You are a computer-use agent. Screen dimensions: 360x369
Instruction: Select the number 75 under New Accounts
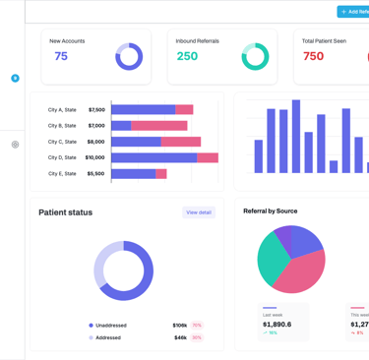[x=61, y=56]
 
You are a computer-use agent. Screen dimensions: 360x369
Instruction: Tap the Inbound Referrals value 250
[x=187, y=56]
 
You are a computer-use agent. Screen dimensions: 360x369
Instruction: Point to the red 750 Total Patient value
[x=313, y=56]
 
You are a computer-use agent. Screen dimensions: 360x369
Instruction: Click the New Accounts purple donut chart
[x=129, y=57]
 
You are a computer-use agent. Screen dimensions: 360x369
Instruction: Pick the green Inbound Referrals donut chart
[x=255, y=57]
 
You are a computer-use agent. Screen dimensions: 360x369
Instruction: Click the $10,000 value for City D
[x=94, y=157]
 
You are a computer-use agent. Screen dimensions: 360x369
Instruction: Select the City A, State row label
[x=62, y=110]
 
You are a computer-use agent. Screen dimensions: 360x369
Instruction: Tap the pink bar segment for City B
[x=158, y=126]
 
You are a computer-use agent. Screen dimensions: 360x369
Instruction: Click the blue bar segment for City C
[x=137, y=142]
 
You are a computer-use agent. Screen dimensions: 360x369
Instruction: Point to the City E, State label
[x=62, y=173]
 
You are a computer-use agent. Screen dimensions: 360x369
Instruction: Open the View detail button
[x=199, y=212]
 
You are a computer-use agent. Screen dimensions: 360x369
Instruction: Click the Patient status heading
[x=66, y=212]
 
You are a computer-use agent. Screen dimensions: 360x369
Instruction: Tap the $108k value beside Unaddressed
[x=179, y=325]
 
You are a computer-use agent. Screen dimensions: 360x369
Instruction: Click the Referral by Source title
[x=270, y=211]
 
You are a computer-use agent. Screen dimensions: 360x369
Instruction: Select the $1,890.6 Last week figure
[x=277, y=324]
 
